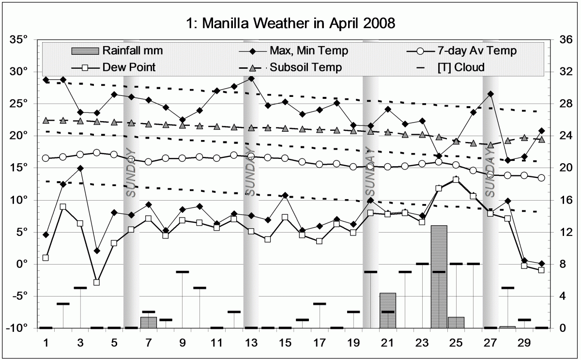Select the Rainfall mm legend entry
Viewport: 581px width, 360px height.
point(131,51)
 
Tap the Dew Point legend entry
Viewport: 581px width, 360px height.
point(129,67)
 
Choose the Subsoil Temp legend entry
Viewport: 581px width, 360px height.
point(306,67)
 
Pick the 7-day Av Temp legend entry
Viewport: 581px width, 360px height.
point(476,51)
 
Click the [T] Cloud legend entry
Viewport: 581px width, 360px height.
point(460,67)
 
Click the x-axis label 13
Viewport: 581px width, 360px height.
point(251,343)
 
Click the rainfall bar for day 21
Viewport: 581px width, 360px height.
point(387,310)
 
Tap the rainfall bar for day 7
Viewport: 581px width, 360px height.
point(149,322)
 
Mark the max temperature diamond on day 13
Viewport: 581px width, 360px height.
point(251,78)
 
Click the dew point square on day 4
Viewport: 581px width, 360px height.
point(97,282)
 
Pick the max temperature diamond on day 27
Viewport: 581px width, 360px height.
point(490,94)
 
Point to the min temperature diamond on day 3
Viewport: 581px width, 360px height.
point(80,168)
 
